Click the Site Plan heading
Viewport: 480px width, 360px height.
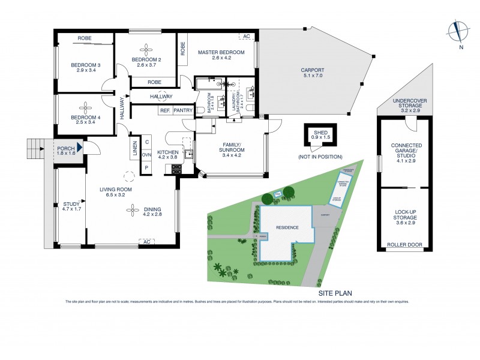[x=335, y=293]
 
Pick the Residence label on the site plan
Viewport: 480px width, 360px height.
[x=286, y=228]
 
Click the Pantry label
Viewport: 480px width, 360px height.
[x=182, y=110]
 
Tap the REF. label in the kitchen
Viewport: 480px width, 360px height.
[x=164, y=110]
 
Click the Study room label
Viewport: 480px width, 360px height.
[x=71, y=207]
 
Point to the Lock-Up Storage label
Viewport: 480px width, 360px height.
[x=406, y=217]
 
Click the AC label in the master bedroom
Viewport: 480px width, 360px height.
[x=246, y=37]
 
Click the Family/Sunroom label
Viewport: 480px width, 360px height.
[x=231, y=148]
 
